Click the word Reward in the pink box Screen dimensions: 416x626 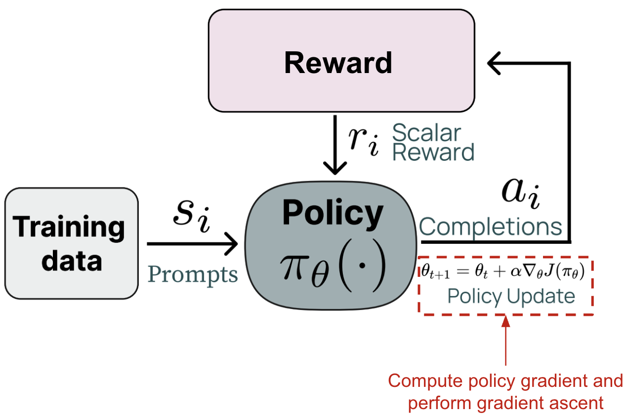click(x=338, y=63)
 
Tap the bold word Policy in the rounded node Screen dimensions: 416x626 click(x=332, y=213)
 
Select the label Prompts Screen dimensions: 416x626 click(x=193, y=274)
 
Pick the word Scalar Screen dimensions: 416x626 click(x=426, y=134)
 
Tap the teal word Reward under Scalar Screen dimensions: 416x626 click(x=433, y=152)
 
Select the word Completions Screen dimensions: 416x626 click(x=491, y=227)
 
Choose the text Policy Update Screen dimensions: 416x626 click(x=511, y=297)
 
